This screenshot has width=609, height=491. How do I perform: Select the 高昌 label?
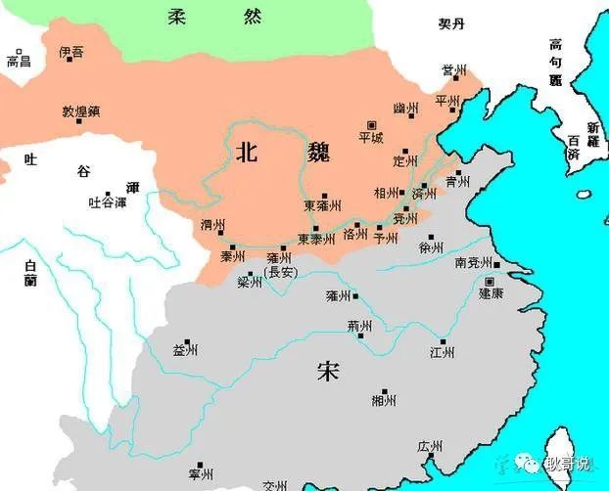point(19,62)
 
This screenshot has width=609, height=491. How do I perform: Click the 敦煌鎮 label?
point(83,112)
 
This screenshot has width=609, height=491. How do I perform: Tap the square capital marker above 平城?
point(371,124)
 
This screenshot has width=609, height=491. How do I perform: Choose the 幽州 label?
point(404,108)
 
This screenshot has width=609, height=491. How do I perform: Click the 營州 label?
point(453,70)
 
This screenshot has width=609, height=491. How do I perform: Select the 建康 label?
point(491,292)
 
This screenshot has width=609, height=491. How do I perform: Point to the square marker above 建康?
point(490,281)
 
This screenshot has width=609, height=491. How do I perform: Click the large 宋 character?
point(328,372)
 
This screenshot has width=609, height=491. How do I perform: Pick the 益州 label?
point(185,349)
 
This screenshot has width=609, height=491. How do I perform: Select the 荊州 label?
point(360,326)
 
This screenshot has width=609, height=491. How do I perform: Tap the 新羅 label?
point(593,133)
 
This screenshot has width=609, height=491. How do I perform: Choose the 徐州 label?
point(432,247)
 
